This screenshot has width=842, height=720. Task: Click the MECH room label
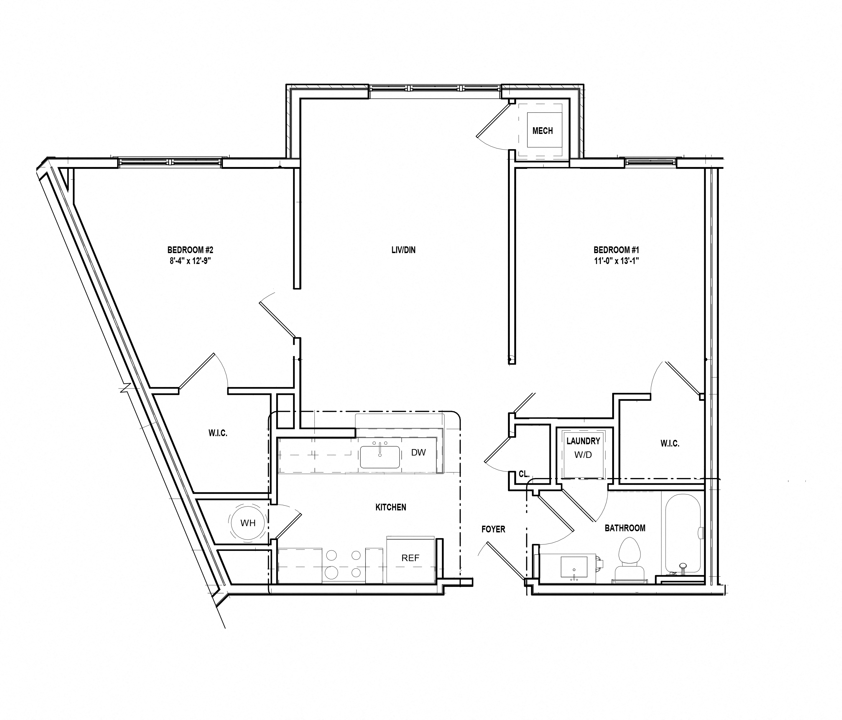click(543, 131)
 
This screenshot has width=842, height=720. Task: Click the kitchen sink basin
click(380, 457)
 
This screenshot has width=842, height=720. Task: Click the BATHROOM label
click(625, 528)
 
